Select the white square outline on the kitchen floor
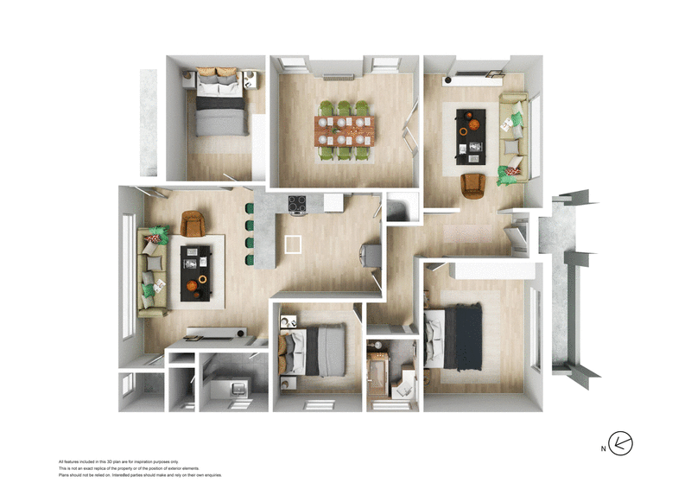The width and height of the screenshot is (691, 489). [295, 244]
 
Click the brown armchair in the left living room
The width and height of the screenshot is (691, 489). [192, 224]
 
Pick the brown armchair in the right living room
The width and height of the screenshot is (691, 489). [473, 185]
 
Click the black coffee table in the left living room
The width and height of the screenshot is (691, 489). [195, 270]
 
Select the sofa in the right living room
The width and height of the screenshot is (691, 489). [512, 137]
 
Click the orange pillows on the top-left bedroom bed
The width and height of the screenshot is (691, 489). [217, 73]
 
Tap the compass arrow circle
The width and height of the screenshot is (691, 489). [620, 444]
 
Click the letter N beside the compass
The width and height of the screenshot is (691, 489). [602, 448]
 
